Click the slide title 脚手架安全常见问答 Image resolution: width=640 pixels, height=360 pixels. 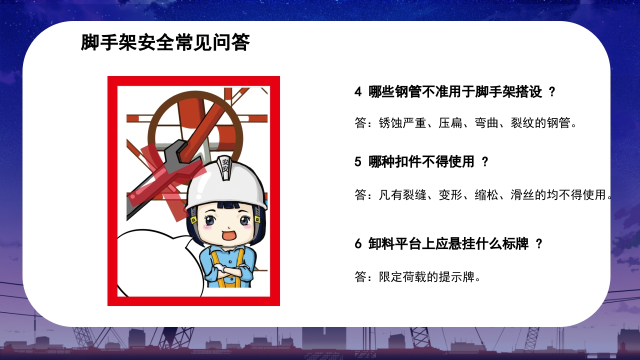point(165,43)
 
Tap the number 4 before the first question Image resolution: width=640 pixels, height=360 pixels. point(357,92)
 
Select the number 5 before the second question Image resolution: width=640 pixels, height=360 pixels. point(357,162)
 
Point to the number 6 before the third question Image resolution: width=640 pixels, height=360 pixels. point(357,244)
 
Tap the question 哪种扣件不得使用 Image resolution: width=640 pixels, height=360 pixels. point(421,162)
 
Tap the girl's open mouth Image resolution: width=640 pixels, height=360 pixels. point(228,235)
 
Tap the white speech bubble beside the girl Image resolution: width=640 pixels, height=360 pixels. point(155,262)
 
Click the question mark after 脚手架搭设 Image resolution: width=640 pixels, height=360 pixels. point(551,92)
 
